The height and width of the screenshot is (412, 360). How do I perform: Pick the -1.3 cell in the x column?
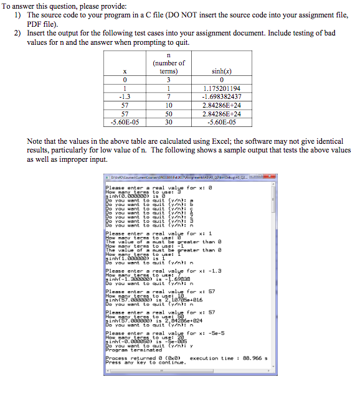[x=126, y=97]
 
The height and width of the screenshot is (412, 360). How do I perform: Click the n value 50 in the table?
[x=169, y=115]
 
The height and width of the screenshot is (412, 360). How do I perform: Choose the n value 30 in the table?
[x=169, y=123]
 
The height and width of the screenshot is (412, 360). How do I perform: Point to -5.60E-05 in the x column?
[x=126, y=123]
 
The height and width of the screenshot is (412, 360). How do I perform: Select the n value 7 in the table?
[x=169, y=97]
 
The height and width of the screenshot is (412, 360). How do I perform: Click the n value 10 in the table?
[x=169, y=106]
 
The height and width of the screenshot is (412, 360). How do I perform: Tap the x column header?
[x=126, y=72]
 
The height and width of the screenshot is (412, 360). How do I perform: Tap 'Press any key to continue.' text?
[x=146, y=363]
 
